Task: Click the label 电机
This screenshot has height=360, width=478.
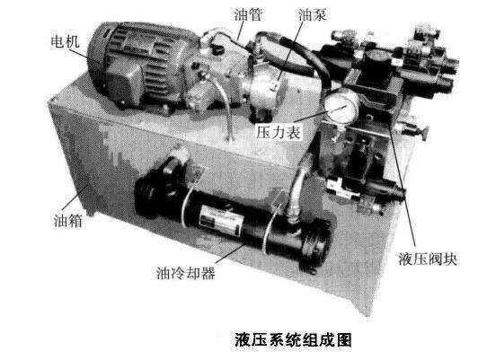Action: (x=65, y=41)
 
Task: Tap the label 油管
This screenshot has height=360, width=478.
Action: (x=248, y=14)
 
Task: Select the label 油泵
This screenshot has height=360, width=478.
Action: (x=313, y=14)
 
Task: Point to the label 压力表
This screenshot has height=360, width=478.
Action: (x=278, y=132)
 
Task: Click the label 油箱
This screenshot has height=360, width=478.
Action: (x=68, y=220)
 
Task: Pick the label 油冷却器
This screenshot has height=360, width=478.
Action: (x=186, y=273)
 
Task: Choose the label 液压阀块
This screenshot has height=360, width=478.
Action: (x=428, y=259)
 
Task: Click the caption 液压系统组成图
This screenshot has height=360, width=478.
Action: (x=293, y=339)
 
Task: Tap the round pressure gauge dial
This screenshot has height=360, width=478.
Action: (x=341, y=106)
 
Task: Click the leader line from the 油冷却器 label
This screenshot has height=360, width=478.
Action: (x=231, y=254)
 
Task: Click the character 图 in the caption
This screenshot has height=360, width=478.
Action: (x=344, y=339)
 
